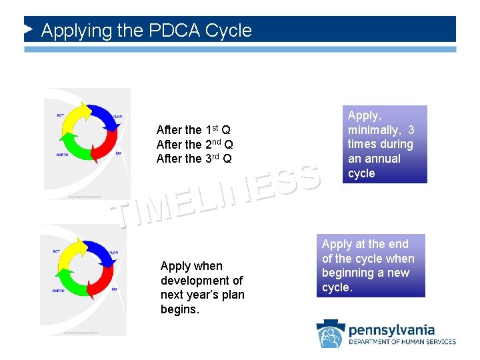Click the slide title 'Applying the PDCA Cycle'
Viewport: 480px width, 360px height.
pyautogui.click(x=147, y=31)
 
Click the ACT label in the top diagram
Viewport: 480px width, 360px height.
pyautogui.click(x=60, y=115)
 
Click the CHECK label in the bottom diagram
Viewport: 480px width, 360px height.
pyautogui.click(x=58, y=291)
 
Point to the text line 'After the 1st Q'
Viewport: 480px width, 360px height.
pyautogui.click(x=193, y=129)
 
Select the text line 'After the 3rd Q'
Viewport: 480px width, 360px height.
pyautogui.click(x=194, y=159)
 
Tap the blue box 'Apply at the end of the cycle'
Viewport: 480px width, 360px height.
pyautogui.click(x=370, y=266)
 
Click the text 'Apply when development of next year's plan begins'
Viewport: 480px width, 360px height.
pyautogui.click(x=202, y=287)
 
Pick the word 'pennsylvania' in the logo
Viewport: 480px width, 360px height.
pyautogui.click(x=391, y=330)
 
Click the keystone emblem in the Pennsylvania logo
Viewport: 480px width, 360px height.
pyautogui.click(x=330, y=333)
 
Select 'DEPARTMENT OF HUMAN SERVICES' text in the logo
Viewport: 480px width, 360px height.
pyautogui.click(x=402, y=342)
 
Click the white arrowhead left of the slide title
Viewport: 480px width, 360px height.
pyautogui.click(x=29, y=30)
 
